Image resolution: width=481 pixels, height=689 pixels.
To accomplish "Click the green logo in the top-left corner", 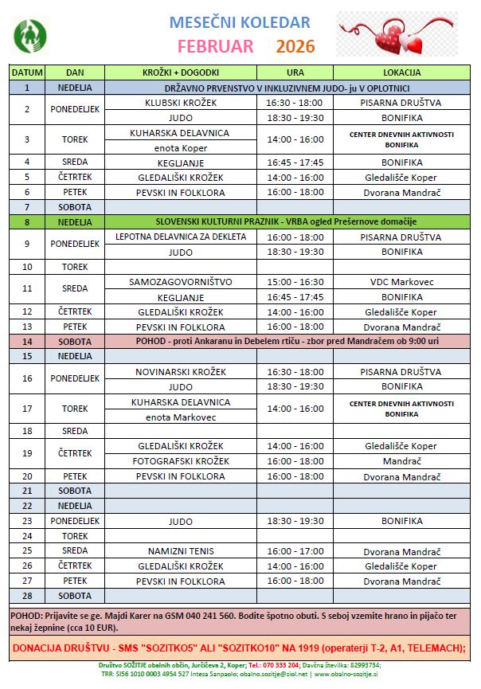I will click(x=30, y=33).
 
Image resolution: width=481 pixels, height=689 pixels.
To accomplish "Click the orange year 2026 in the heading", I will click(x=295, y=45).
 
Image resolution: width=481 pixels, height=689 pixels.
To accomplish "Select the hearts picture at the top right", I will click(x=396, y=33).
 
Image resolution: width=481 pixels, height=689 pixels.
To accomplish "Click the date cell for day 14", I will click(x=27, y=341).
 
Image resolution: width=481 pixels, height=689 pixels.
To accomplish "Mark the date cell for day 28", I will click(x=27, y=596).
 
